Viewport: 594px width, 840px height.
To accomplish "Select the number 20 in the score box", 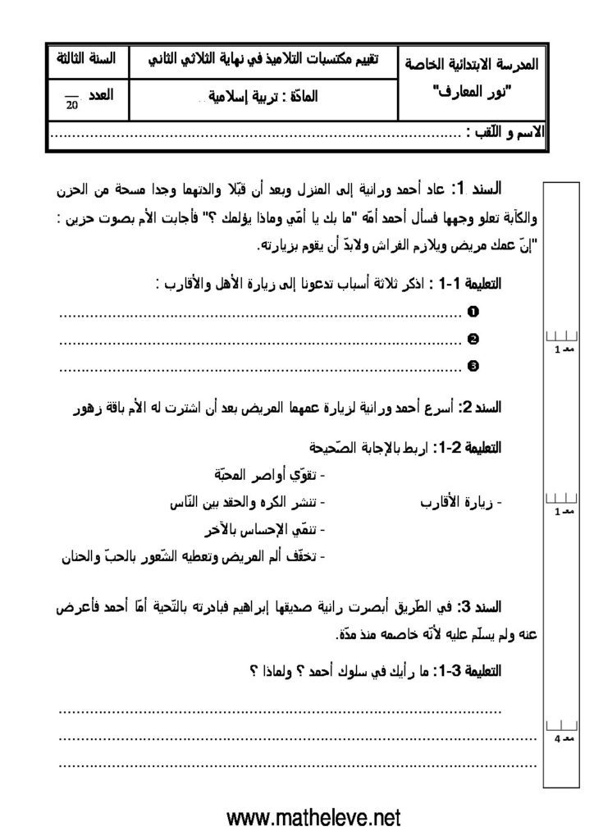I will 72,105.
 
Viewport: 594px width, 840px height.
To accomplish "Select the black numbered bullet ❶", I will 472,312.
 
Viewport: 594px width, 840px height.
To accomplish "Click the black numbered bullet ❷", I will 472,339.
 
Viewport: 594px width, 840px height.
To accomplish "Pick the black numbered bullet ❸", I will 472,366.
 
